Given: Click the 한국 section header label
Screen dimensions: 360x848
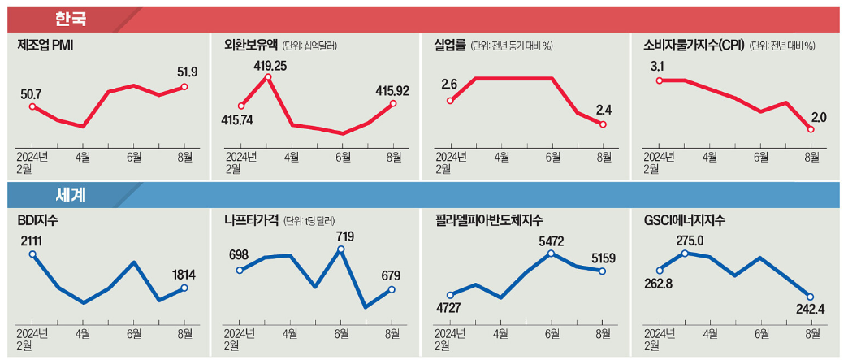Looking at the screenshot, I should coord(72,18).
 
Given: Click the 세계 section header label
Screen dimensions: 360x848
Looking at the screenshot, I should coord(72,195).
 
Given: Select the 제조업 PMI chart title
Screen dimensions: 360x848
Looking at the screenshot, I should coord(47,46).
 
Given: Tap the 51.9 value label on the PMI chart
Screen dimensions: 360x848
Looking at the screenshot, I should coord(187,72).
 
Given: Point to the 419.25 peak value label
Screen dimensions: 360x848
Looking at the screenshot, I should coord(267,65).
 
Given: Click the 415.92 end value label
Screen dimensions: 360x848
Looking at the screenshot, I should coord(392,91).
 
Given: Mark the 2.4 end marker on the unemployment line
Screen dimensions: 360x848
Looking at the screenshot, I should coord(603,124).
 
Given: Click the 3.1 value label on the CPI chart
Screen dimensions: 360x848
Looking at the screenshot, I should coord(657,66).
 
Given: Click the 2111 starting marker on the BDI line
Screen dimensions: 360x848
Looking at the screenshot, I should coord(32,254).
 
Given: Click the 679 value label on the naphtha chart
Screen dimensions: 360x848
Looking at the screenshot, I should coord(391,275).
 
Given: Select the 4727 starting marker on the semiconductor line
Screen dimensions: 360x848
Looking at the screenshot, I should coord(450,295).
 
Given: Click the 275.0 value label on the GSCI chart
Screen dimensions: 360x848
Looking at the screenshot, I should coord(686,241).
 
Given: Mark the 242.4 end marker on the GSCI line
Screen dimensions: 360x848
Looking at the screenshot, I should coord(810,297).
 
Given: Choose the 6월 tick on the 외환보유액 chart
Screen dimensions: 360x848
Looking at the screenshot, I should coord(341,154).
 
